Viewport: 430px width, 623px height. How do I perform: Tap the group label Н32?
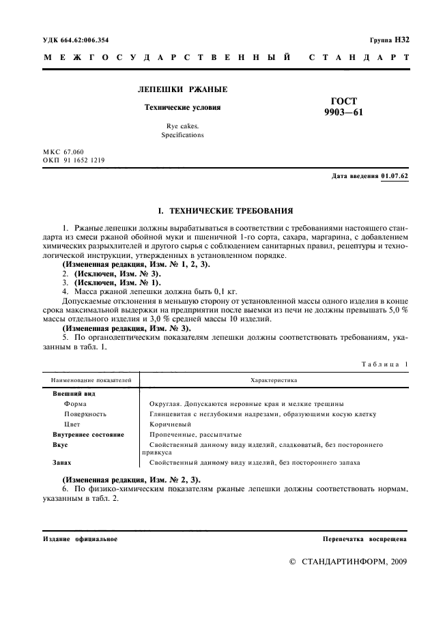click(401, 40)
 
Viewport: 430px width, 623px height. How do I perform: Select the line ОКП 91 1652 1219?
click(74, 160)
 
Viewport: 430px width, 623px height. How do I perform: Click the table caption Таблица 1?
click(384, 364)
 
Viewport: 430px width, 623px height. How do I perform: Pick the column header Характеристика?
click(274, 379)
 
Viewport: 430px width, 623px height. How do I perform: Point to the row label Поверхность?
click(85, 414)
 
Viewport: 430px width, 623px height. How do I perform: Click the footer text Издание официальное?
click(80, 539)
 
